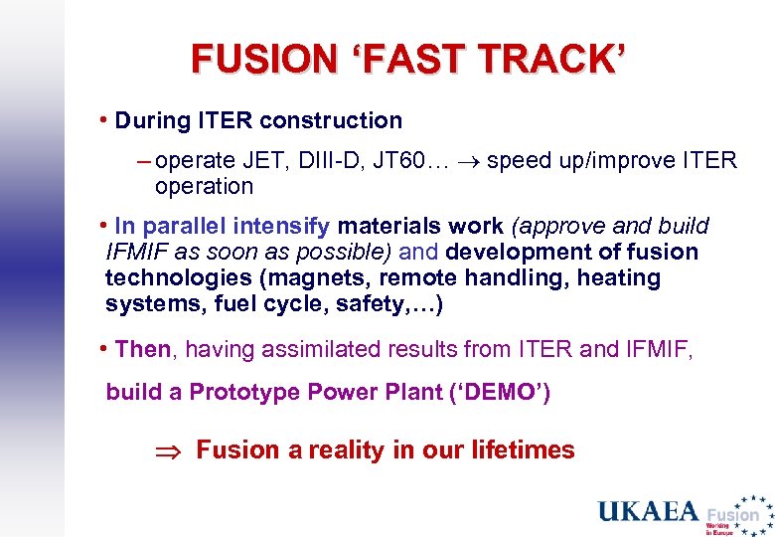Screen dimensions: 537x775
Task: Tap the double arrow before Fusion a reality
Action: click(166, 451)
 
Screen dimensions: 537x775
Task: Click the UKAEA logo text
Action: click(648, 512)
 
